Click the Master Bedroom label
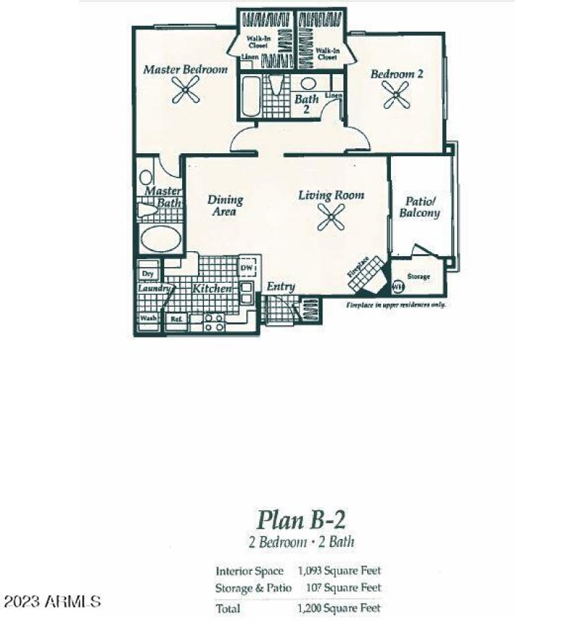pos(185,70)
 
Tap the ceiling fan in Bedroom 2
pos(395,94)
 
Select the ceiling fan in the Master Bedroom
pos(185,91)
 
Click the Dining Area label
pos(225,206)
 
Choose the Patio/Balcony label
pos(420,208)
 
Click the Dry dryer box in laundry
pos(148,273)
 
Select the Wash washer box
pos(148,319)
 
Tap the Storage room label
pos(419,276)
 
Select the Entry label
pos(281,287)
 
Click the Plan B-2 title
pos(296,519)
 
